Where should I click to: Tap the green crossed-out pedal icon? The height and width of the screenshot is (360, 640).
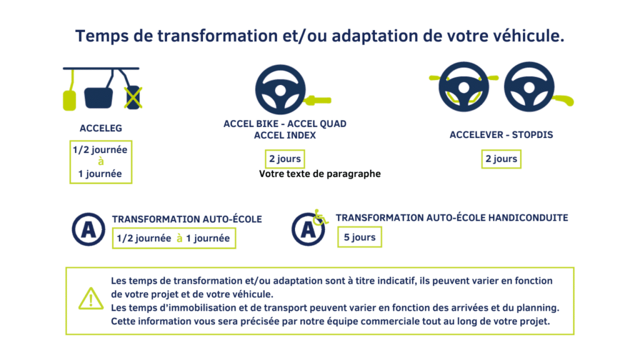coord(133,97)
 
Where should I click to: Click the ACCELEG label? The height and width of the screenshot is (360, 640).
coord(101,128)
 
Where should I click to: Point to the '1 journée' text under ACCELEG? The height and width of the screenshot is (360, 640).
coord(100,174)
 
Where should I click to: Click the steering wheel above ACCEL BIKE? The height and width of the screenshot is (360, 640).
coord(281,89)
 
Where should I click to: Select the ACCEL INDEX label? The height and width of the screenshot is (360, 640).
coord(285,135)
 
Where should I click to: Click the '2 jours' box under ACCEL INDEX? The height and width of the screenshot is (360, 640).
coord(285,159)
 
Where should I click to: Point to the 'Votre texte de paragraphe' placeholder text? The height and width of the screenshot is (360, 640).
coord(320,174)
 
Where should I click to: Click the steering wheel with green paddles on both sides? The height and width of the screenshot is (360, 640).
coord(464,86)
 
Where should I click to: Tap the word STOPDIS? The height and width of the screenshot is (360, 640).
coord(532,135)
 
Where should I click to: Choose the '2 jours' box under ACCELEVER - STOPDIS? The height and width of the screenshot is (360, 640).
coord(501,159)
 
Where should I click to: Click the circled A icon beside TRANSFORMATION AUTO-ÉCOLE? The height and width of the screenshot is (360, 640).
coord(89,229)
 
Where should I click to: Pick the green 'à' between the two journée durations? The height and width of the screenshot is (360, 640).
coord(179,238)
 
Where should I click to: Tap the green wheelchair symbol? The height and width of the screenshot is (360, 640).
coord(321,217)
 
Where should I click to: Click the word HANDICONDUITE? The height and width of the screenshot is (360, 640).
coord(528,218)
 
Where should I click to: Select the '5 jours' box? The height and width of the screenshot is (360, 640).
coord(359,237)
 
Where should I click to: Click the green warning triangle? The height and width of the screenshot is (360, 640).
coord(91,298)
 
